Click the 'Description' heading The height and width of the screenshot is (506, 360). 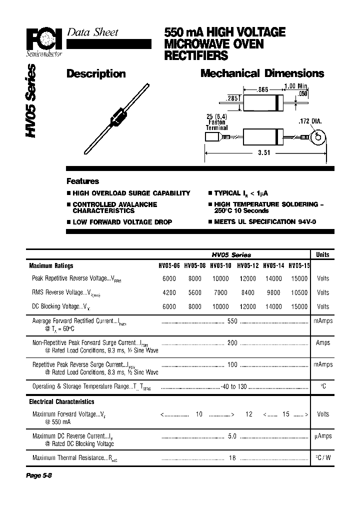[96, 74]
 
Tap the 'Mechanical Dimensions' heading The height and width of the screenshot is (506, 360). [262, 73]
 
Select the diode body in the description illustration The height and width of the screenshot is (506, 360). [118, 118]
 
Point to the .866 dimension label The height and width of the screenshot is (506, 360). [262, 90]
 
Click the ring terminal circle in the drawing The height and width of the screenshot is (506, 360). [317, 136]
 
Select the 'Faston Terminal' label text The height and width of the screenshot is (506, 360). [216, 124]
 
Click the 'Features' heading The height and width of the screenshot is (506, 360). [83, 181]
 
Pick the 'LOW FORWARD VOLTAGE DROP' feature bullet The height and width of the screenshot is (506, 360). [122, 222]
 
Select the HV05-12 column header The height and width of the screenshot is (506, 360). [247, 266]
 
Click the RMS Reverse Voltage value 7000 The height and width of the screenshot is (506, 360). [220, 292]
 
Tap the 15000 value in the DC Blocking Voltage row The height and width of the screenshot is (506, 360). [299, 306]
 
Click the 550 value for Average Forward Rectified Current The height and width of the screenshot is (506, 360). [232, 321]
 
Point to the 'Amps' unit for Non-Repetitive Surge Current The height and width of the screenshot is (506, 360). [323, 343]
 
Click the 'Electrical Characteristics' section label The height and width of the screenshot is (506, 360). [61, 401]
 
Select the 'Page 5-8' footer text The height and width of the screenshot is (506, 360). [39, 475]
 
